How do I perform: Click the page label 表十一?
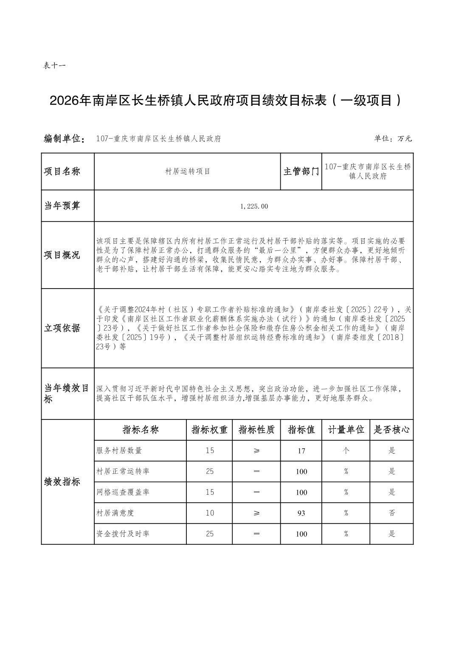[x=54, y=65]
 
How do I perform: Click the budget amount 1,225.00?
[x=254, y=206]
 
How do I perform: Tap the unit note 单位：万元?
[x=393, y=139]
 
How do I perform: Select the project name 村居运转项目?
[x=187, y=171]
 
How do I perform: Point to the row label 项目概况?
[x=62, y=255]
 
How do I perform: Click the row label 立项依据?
[x=62, y=328]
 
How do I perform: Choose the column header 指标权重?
[x=209, y=430]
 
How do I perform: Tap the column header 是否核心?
[x=391, y=430]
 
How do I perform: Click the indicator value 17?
[x=301, y=450]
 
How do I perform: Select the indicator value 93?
[x=301, y=513]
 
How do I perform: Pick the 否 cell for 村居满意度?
[x=391, y=513]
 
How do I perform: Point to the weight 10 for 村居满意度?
[x=210, y=513]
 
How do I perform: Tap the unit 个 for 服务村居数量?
[x=346, y=450]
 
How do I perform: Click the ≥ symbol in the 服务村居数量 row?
[x=256, y=450]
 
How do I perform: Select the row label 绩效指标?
[x=62, y=482]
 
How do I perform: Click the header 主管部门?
[x=301, y=171]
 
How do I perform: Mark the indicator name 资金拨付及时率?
[x=123, y=534]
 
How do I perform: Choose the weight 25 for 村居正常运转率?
[x=210, y=471]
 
